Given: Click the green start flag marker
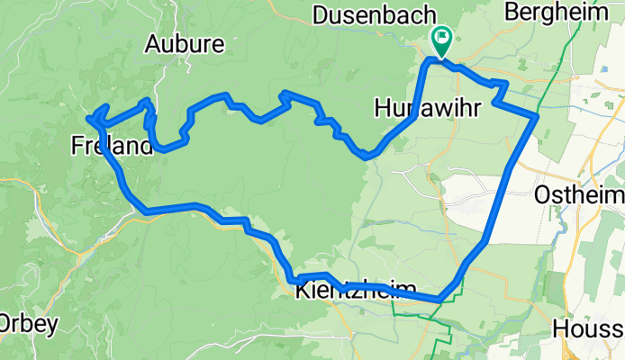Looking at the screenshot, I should point(442,39).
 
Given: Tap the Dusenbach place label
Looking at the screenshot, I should point(373,14).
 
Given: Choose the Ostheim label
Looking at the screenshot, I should point(579,195).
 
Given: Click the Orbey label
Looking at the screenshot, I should point(17,323).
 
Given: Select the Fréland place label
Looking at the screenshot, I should point(111,145).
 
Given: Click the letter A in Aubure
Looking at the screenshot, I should point(152,43).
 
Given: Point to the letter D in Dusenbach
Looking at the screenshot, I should point(320,14).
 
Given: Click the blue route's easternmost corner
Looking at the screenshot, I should point(538,116).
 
